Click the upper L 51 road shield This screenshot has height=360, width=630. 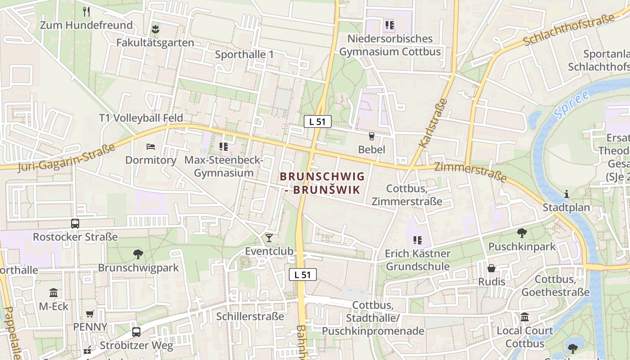(x=317, y=121)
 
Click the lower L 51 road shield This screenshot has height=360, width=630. (x=303, y=274)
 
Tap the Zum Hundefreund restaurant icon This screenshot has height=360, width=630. (x=86, y=12)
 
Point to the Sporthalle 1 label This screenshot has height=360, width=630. (x=244, y=54)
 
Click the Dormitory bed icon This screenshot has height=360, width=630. (x=151, y=147)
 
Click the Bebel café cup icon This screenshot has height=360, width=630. (x=371, y=136)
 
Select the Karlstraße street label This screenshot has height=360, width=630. (x=433, y=123)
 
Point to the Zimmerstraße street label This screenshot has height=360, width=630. (x=471, y=173)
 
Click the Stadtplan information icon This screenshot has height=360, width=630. (x=566, y=194)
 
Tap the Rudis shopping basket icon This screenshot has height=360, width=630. (x=491, y=268)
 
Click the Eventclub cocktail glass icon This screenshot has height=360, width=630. (x=269, y=238)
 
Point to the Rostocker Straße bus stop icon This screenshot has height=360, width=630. (x=75, y=223)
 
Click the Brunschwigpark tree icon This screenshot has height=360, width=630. (x=138, y=254)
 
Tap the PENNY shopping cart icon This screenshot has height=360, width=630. (x=90, y=313)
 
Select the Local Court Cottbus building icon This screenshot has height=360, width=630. (x=525, y=317)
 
